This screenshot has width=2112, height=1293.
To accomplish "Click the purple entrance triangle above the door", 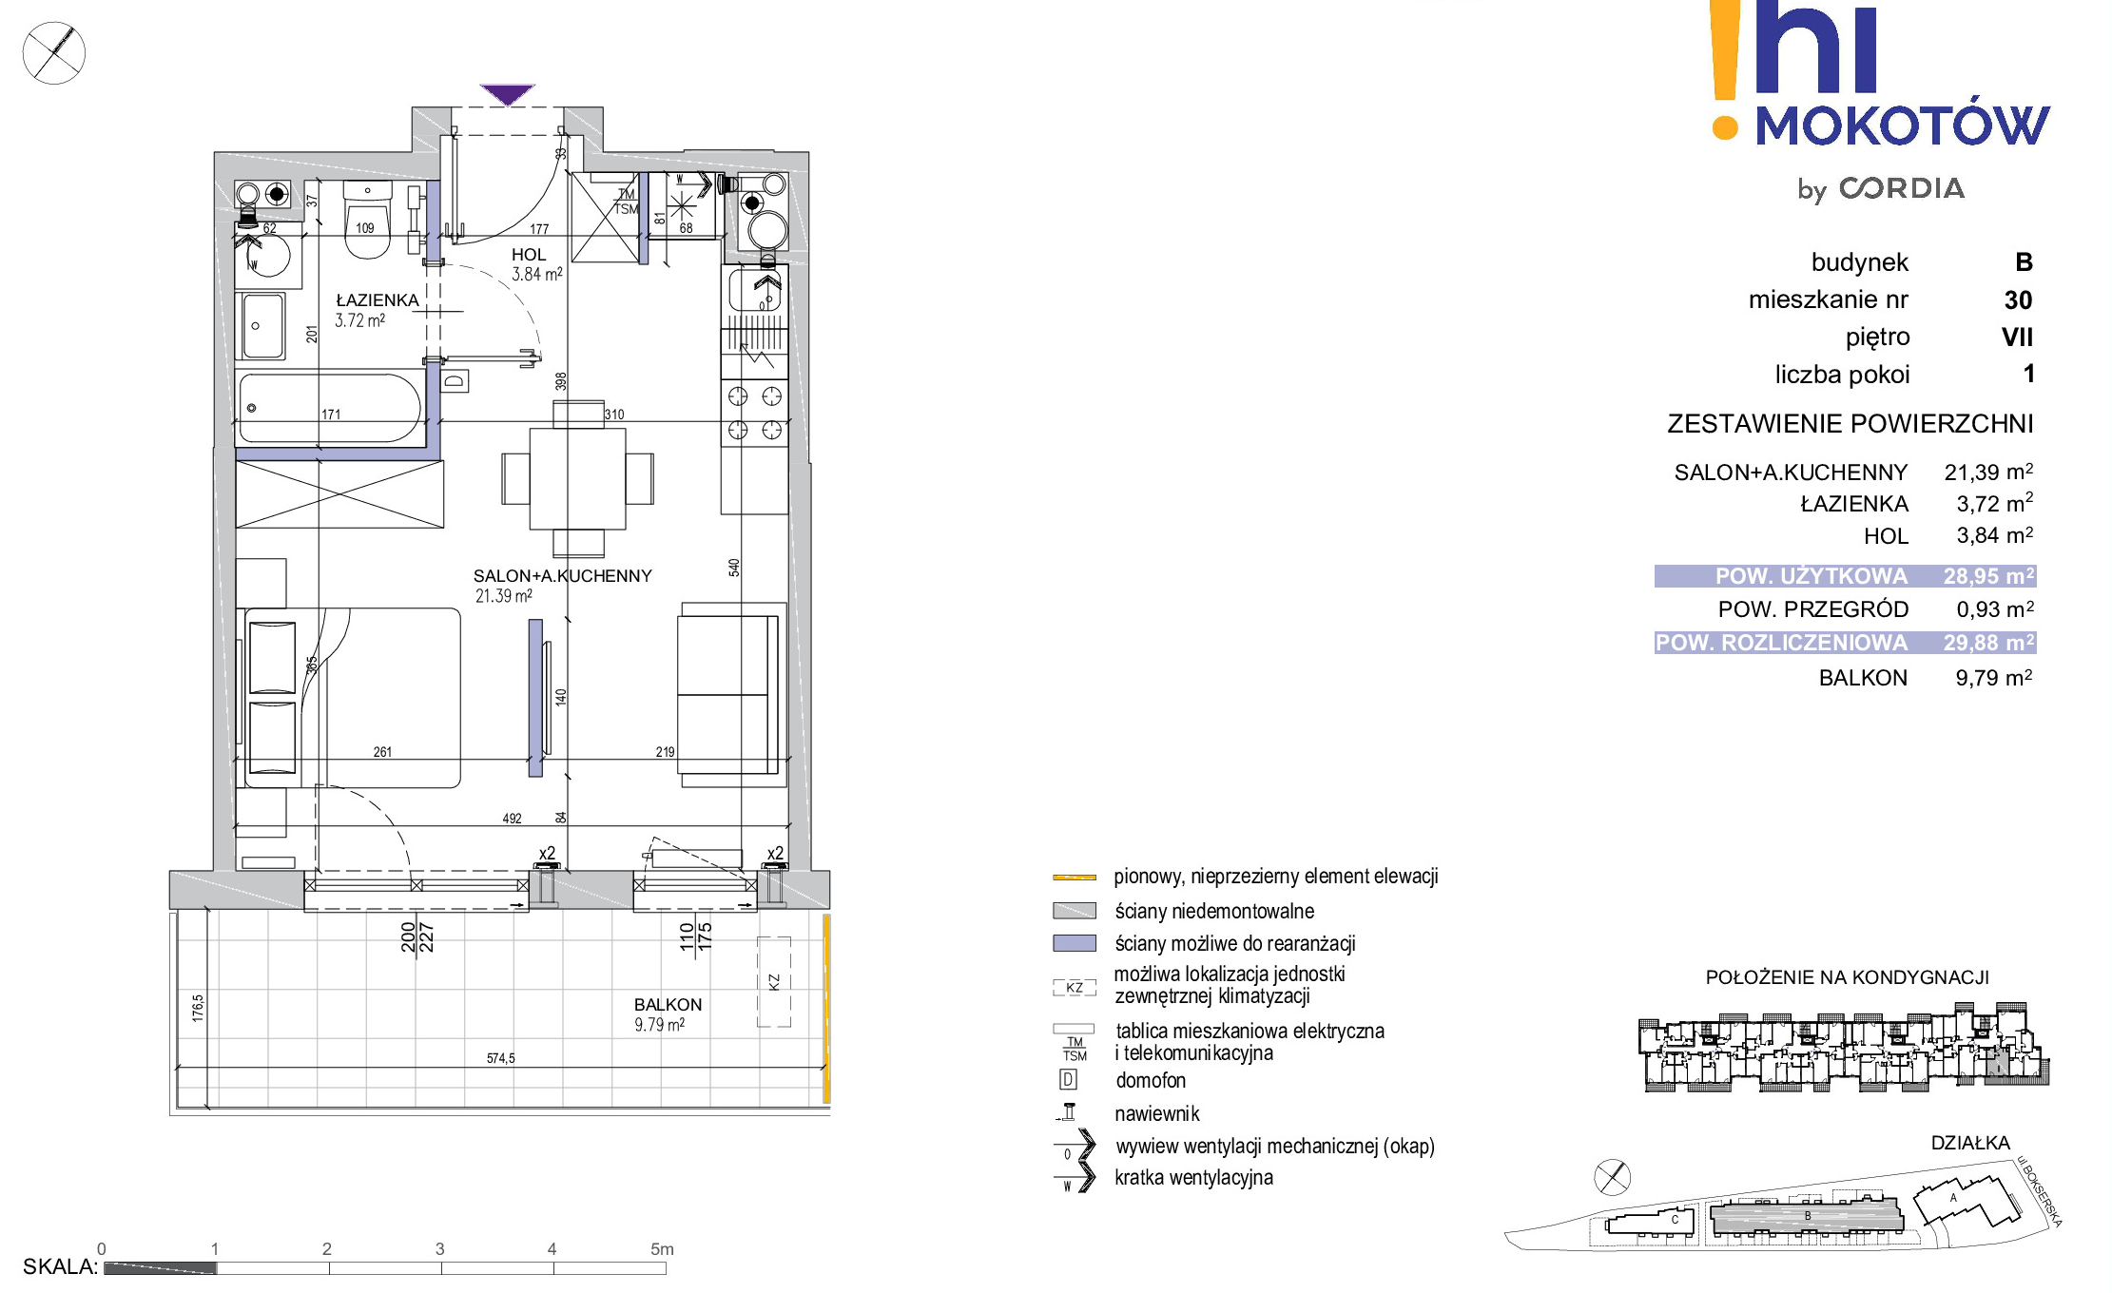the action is [x=508, y=94].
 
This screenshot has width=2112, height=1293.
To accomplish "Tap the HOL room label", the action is [x=529, y=255].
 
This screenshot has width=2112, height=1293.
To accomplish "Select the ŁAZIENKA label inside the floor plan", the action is [x=378, y=300].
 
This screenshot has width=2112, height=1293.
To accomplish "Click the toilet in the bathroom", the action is [x=367, y=221].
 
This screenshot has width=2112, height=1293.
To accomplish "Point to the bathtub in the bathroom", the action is [x=330, y=408].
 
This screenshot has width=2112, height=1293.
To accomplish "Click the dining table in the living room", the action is [x=577, y=478].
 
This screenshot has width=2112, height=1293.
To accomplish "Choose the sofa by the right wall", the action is [x=731, y=695].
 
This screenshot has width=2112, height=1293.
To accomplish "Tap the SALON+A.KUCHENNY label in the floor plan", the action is [x=563, y=576].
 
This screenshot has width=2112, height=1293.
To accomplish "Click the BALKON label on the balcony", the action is [x=668, y=1005].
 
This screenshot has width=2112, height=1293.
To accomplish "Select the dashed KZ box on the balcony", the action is [x=773, y=982].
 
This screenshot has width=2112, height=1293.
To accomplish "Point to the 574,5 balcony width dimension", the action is [x=500, y=1058].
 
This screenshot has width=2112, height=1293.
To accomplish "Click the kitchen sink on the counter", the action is [x=755, y=290].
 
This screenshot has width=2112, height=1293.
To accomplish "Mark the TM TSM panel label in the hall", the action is [x=626, y=202].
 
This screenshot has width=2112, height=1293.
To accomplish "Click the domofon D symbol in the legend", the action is [x=1069, y=1080].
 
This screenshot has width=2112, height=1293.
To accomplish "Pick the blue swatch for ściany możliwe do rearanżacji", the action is [x=1075, y=943].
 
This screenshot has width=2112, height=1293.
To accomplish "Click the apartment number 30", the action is [x=2018, y=300].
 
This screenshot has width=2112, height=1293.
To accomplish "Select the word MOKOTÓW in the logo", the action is [x=1902, y=124].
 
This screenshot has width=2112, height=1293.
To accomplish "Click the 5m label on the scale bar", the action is [x=662, y=1249].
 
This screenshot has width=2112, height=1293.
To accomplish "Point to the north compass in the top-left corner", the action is [x=54, y=53].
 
